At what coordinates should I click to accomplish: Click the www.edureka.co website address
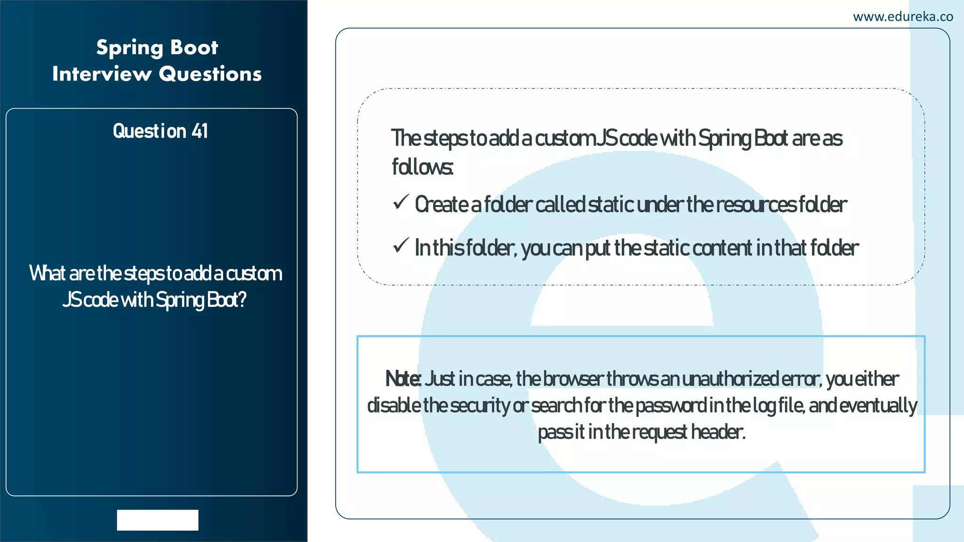click(903, 17)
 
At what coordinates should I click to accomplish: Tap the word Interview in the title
click(102, 74)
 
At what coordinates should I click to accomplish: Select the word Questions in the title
click(210, 74)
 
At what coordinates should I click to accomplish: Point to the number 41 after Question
click(200, 131)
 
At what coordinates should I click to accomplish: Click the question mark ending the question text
click(242, 300)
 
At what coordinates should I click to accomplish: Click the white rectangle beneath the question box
click(158, 520)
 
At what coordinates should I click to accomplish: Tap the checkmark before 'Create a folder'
click(401, 202)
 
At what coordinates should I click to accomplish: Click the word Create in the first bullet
click(441, 205)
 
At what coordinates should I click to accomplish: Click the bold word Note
click(403, 379)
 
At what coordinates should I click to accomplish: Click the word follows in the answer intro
click(422, 167)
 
